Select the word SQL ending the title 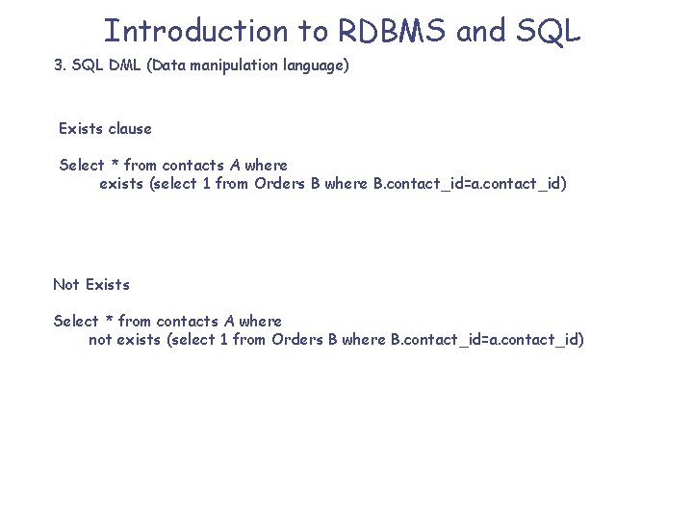[x=548, y=31]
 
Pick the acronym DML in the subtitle [x=127, y=67]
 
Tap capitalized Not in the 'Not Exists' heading [x=66, y=284]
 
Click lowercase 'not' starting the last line [x=100, y=339]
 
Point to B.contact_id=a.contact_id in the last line [x=487, y=339]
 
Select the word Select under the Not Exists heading [x=76, y=321]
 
